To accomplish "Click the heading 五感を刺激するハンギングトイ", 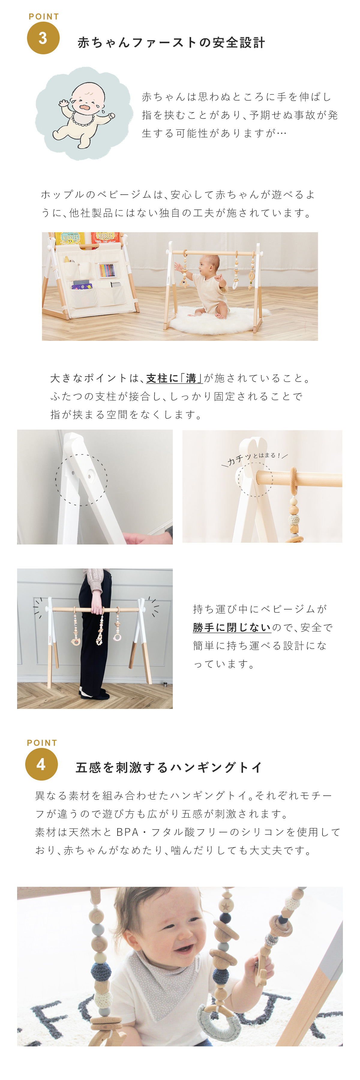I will [169, 767].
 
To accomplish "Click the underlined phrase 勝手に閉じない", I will [232, 627].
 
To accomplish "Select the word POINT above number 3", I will [43, 17].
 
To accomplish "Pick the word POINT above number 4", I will [42, 743].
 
